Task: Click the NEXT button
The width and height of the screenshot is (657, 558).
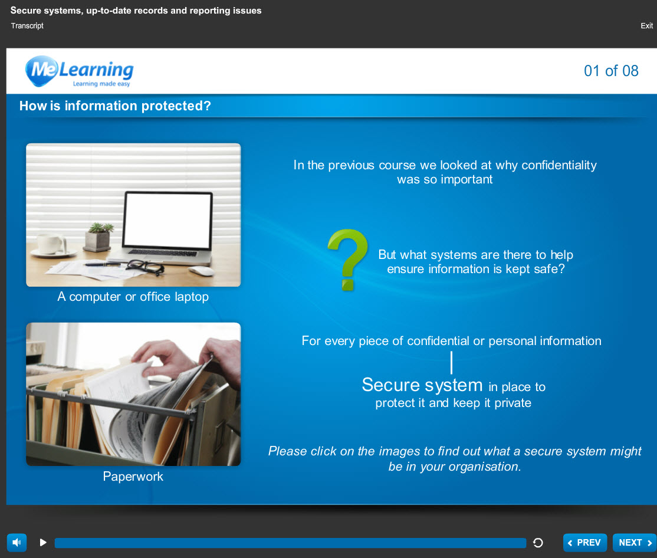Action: pyautogui.click(x=635, y=543)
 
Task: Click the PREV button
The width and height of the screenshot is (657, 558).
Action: pyautogui.click(x=585, y=543)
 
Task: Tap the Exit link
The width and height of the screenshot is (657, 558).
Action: pyautogui.click(x=646, y=25)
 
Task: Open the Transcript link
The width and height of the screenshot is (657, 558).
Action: pyautogui.click(x=27, y=25)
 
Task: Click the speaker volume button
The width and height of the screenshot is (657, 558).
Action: pyautogui.click(x=17, y=543)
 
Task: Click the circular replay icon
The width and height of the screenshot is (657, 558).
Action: pyautogui.click(x=538, y=543)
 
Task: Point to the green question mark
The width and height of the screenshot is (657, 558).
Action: pyautogui.click(x=347, y=260)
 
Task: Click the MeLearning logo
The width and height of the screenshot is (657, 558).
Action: pyautogui.click(x=79, y=71)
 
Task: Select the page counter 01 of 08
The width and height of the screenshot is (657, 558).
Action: pyautogui.click(x=611, y=71)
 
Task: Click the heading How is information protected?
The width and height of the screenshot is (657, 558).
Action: pyautogui.click(x=115, y=106)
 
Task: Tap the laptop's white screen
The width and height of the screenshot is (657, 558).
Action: pyautogui.click(x=167, y=221)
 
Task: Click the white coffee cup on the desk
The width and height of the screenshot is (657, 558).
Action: pyautogui.click(x=51, y=244)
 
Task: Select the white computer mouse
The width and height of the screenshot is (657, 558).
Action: pyautogui.click(x=201, y=271)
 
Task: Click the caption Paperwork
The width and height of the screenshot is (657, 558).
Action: pyautogui.click(x=133, y=477)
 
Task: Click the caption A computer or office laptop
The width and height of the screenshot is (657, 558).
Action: pyautogui.click(x=133, y=297)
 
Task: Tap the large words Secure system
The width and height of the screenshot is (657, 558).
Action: pyautogui.click(x=422, y=385)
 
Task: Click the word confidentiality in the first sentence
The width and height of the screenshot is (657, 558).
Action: pyautogui.click(x=559, y=165)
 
